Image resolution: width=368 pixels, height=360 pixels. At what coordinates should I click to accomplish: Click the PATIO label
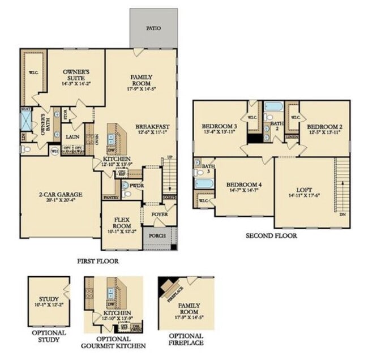pos(153,27)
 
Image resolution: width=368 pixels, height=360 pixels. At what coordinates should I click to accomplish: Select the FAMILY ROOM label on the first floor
pos(142,79)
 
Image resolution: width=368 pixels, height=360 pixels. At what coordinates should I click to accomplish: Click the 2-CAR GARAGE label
pos(61,194)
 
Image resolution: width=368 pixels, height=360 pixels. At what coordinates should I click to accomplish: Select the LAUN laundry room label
pos(72,136)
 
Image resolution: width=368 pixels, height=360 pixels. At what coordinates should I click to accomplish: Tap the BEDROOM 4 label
pos(243,185)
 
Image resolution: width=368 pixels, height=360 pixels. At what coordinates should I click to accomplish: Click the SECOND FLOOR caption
pos(271,235)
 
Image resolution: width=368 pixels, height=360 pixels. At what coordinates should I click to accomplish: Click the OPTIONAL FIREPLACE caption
pos(187,340)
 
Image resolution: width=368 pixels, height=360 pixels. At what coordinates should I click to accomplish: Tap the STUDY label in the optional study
pos(49,299)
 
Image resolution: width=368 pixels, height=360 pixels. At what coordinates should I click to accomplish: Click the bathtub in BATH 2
pos(273,106)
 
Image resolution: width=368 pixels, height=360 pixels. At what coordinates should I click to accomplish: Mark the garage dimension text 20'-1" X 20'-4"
pos(61,200)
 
